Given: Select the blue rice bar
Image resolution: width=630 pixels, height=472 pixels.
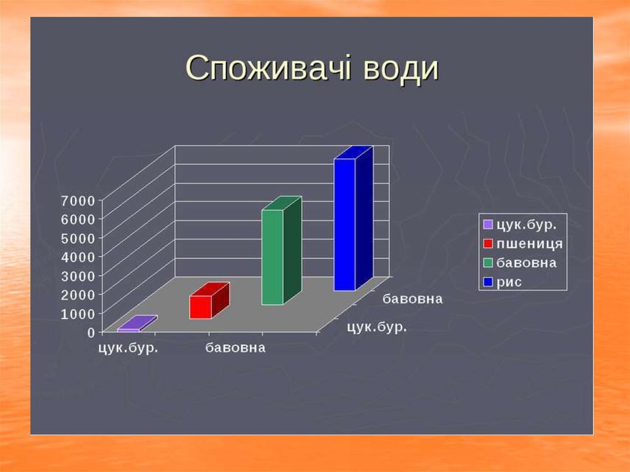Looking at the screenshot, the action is pos(353,218).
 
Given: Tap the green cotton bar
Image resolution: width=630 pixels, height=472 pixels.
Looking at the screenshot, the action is pos(281,251).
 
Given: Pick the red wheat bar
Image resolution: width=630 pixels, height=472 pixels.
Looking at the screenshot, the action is pos(209,301).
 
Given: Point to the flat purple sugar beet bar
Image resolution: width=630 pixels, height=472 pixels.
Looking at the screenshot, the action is pos(137,324).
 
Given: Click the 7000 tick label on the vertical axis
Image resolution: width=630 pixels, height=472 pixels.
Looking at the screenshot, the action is pos(78,200).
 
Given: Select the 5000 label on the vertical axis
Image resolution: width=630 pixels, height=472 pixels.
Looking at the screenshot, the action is pos(78,238).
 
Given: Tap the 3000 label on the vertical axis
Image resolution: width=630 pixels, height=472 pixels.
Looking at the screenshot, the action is pos(78,276).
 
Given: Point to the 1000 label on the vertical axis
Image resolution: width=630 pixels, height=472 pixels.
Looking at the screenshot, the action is pos(78,314).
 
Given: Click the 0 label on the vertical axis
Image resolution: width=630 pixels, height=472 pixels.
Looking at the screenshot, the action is pos(91,332).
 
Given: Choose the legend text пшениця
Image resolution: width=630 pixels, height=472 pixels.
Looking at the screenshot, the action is pos(530,244).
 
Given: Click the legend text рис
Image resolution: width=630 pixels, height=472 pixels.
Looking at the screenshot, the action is pos(509,282).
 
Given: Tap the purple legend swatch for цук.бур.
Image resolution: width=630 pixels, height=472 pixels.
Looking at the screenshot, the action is pos(488,225).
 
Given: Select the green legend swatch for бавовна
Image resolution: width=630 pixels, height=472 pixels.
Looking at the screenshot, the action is pos(488,263).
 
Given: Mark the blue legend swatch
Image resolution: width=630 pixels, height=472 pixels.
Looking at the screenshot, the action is pos(488,282).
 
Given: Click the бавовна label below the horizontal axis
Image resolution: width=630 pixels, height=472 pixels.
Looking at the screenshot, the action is pos(236,348).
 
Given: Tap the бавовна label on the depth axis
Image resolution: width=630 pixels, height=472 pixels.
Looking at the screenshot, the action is pos(413,299).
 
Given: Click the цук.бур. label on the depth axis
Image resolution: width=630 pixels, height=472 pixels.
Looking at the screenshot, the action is pos(377,327).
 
